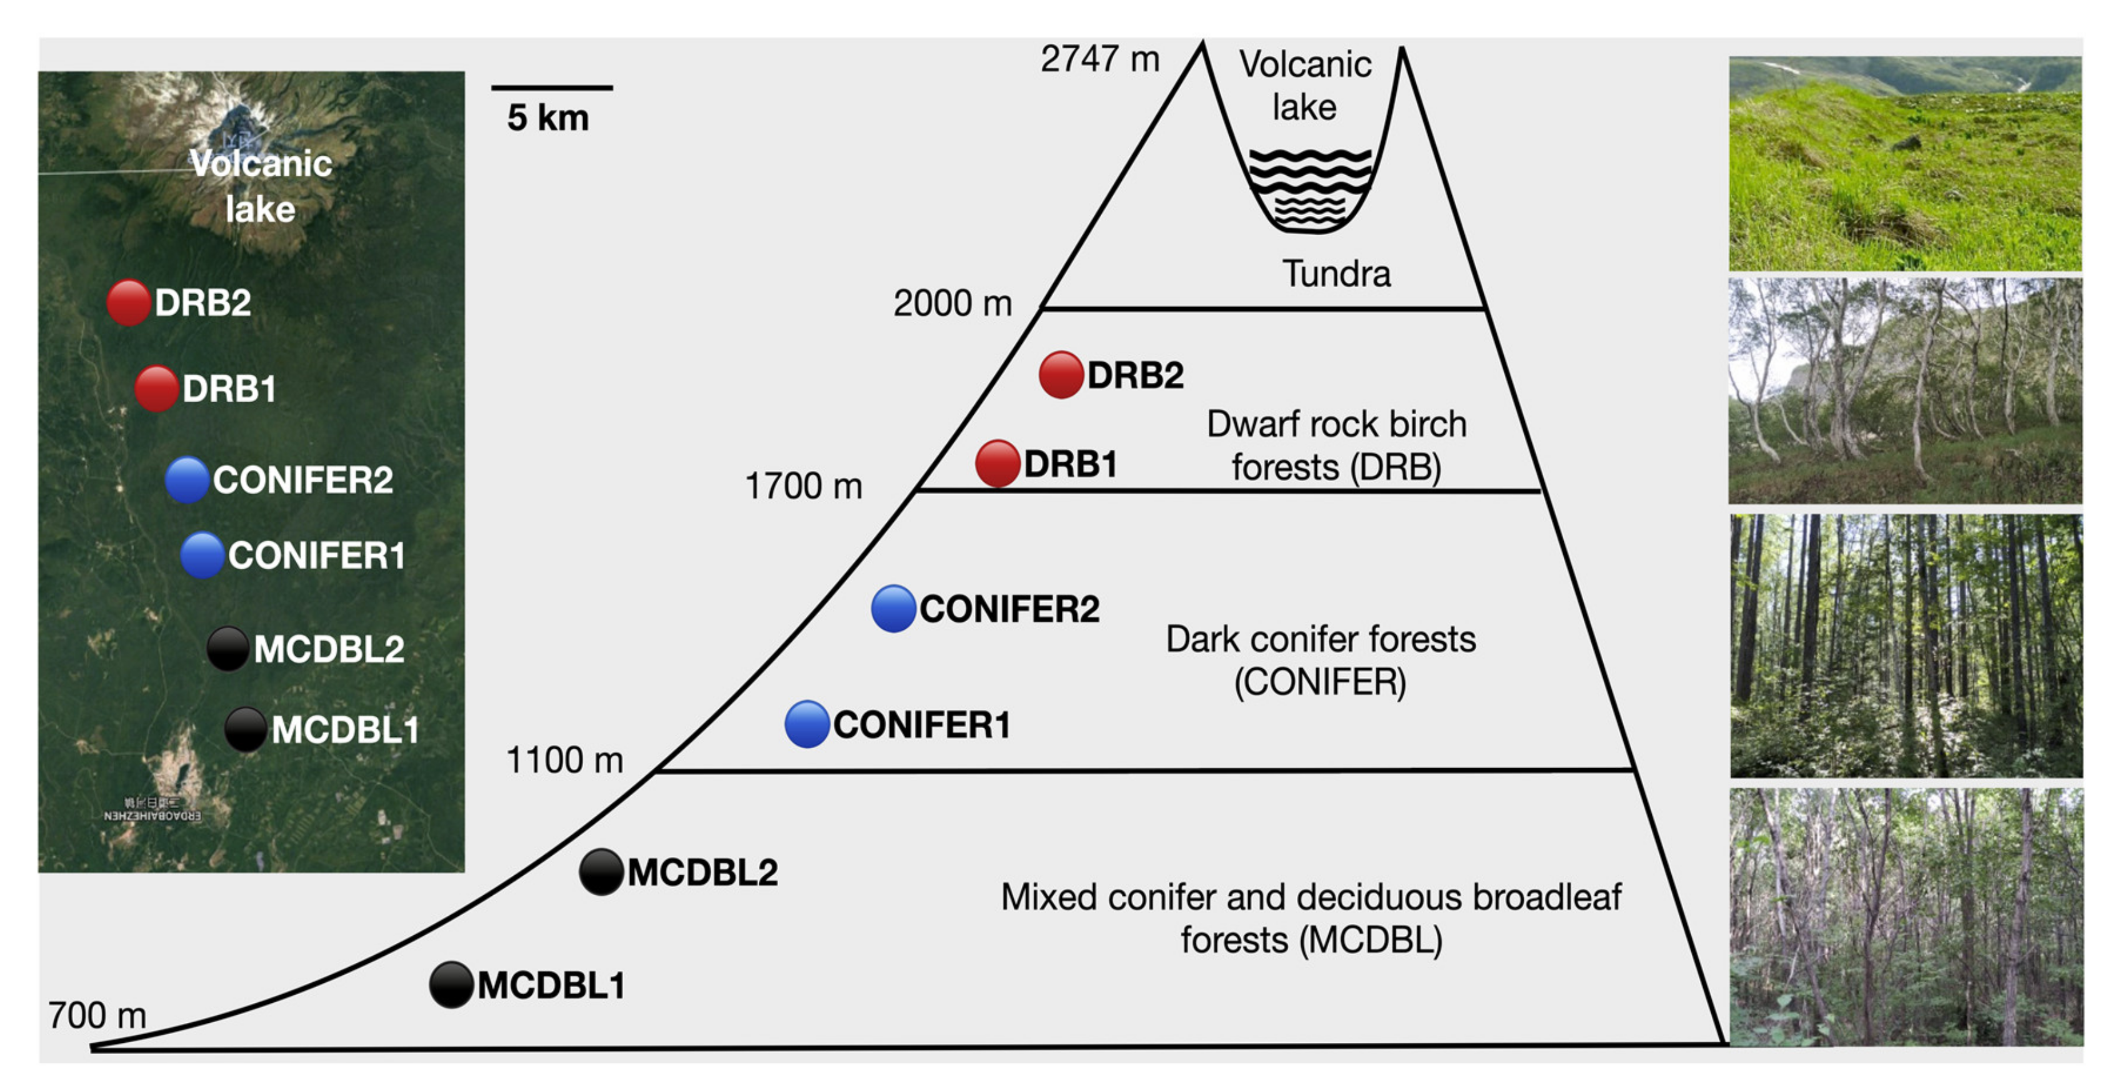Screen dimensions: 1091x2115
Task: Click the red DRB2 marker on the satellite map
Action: (128, 302)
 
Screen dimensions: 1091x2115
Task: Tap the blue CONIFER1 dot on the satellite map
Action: (202, 556)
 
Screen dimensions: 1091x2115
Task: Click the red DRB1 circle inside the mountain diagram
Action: (997, 464)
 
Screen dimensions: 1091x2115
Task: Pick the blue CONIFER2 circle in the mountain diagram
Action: (893, 609)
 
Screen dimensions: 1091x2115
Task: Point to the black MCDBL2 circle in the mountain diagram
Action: (601, 871)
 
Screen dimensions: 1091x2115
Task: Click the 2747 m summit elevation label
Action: (1099, 59)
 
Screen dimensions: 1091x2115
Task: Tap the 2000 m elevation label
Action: (952, 304)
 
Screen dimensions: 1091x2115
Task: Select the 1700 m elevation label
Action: (803, 486)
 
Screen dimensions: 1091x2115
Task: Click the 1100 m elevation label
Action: (564, 761)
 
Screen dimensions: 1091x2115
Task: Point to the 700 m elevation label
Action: (97, 1016)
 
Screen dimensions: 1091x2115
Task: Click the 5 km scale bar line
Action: (552, 87)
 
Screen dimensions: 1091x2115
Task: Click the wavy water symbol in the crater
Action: (1309, 188)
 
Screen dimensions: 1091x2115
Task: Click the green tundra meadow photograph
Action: (1905, 163)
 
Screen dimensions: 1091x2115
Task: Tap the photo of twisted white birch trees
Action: (1905, 391)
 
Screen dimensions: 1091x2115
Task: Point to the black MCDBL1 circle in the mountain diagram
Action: (451, 984)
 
